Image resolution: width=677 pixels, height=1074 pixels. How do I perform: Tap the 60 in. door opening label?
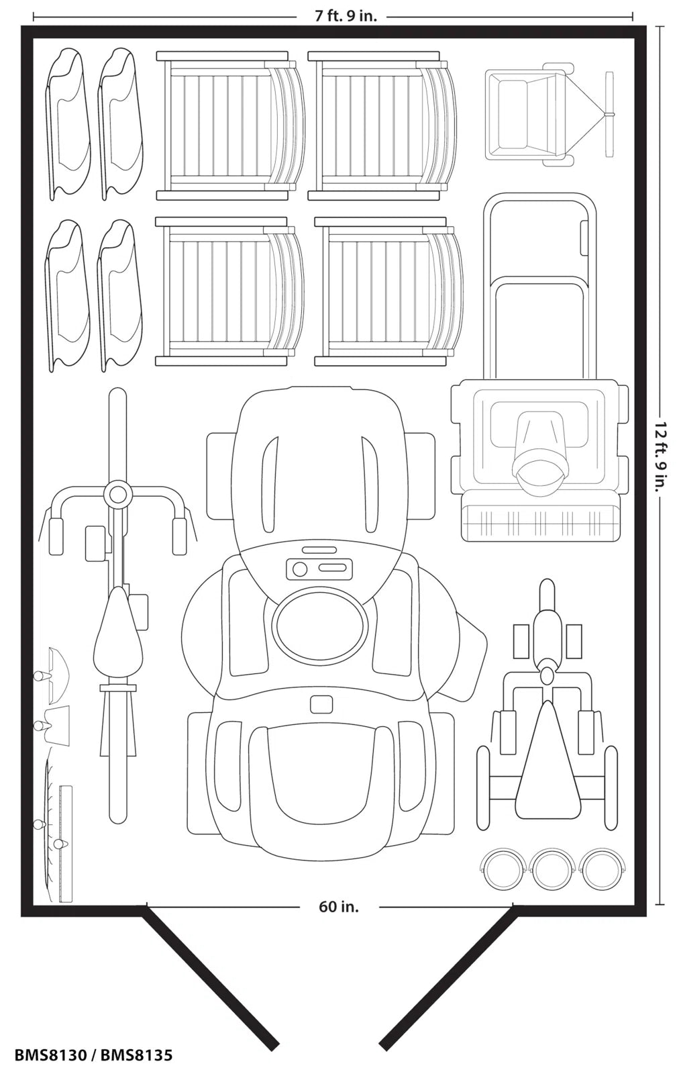pos(338,907)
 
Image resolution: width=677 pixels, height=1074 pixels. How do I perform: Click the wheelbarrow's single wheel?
pos(609,114)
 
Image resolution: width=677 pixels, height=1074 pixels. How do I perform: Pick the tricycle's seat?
pos(547,765)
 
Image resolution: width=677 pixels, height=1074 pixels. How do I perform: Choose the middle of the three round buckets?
pos(552,870)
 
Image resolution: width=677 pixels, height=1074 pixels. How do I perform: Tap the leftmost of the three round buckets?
pos(504,870)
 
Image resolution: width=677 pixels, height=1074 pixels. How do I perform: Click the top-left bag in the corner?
pos(68,124)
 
